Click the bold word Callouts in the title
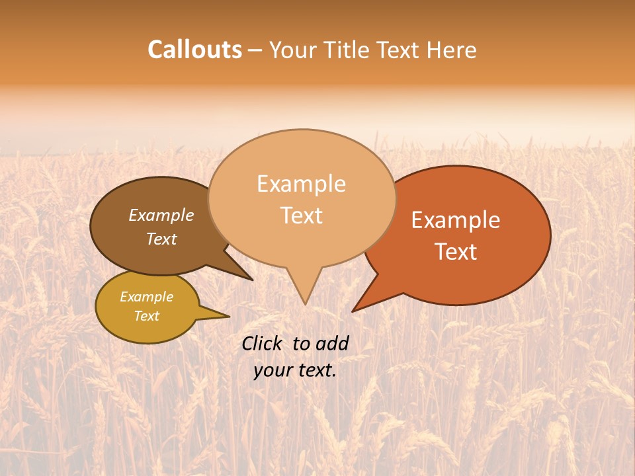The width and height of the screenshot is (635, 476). click(x=194, y=50)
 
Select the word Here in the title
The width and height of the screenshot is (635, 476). click(x=450, y=50)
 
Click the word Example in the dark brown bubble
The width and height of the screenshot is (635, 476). click(x=161, y=216)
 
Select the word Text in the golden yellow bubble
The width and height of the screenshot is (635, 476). click(x=147, y=316)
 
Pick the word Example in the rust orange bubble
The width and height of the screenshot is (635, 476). click(x=456, y=220)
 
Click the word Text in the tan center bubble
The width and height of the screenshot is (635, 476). click(x=302, y=216)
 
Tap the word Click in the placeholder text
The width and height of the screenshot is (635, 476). click(x=263, y=343)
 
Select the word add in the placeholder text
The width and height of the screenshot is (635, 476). click(x=332, y=343)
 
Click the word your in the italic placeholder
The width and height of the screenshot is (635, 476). click(x=273, y=370)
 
